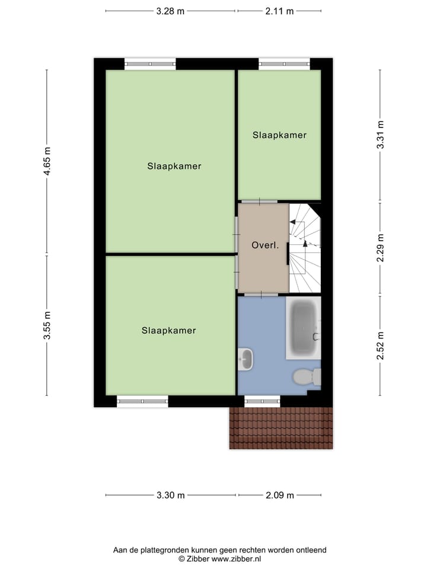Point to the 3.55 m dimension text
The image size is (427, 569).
pyautogui.click(x=47, y=326)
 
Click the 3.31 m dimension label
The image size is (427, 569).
pyautogui.click(x=381, y=134)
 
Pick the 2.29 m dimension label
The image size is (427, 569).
pyautogui.click(x=381, y=249)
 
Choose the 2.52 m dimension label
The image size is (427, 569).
pyautogui.click(x=381, y=346)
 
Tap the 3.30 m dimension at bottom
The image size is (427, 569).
pyautogui.click(x=170, y=496)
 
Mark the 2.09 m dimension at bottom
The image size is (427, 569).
pyautogui.click(x=279, y=496)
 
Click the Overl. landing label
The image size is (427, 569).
pyautogui.click(x=265, y=245)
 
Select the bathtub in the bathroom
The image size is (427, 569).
pyautogui.click(x=303, y=328)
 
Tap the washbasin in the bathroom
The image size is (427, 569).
pyautogui.click(x=245, y=358)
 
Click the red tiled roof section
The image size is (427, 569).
pyautogui.click(x=281, y=428)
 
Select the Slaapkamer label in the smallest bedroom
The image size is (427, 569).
pyautogui.click(x=279, y=135)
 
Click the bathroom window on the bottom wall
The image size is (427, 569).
pyautogui.click(x=262, y=401)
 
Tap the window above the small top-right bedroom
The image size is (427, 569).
pyautogui.click(x=284, y=63)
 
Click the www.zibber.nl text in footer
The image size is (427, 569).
pyautogui.click(x=236, y=559)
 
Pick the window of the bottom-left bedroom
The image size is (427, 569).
pyautogui.click(x=142, y=401)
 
